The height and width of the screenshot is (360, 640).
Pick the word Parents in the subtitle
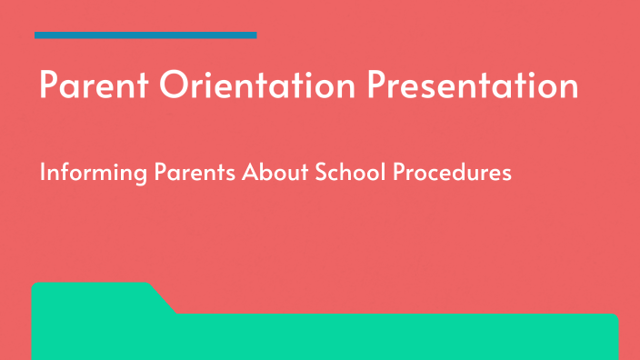click(186, 172)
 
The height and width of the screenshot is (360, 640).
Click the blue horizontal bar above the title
click(145, 35)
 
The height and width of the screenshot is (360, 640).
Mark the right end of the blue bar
click(255, 35)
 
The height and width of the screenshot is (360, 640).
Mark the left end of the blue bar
click(36, 35)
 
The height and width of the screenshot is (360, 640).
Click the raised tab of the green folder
click(91, 295)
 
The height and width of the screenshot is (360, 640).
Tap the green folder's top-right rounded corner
click(615, 318)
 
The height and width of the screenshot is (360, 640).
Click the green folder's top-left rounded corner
click(36, 287)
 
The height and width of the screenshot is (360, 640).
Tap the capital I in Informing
click(42, 172)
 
